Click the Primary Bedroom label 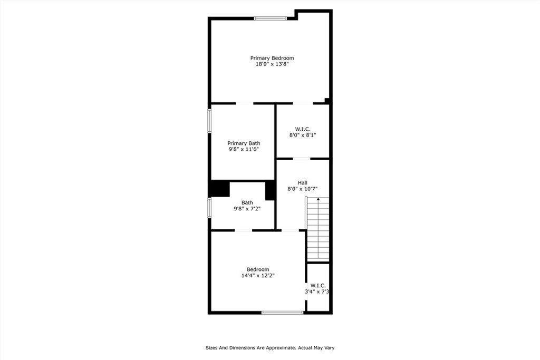pyautogui.click(x=272, y=58)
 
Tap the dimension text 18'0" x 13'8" pyautogui.click(x=272, y=64)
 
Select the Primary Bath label pyautogui.click(x=244, y=143)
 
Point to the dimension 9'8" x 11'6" pyautogui.click(x=244, y=149)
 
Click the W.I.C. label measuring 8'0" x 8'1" pyautogui.click(x=303, y=129)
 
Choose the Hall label pyautogui.click(x=303, y=183)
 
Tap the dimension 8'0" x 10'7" pyautogui.click(x=303, y=189)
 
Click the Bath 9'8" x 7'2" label pyautogui.click(x=247, y=206)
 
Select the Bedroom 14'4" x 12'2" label pyautogui.click(x=258, y=272)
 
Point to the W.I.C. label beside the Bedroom pyautogui.click(x=318, y=286)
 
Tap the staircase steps pyautogui.click(x=318, y=229)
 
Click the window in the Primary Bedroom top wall pyautogui.click(x=271, y=18)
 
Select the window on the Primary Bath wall pyautogui.click(x=209, y=121)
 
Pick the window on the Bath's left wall pyautogui.click(x=209, y=208)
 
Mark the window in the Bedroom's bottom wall pyautogui.click(x=283, y=313)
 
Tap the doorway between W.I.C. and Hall pyautogui.click(x=302, y=159)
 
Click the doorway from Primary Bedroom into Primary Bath pyautogui.click(x=245, y=103)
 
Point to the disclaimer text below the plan pyautogui.click(x=270, y=348)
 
